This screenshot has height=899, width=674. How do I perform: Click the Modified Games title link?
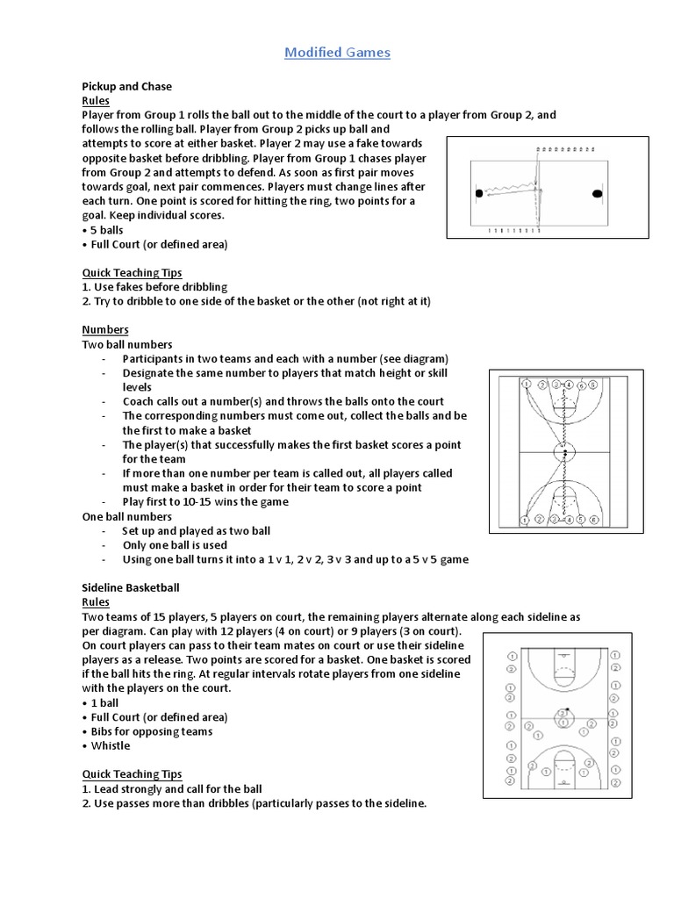click(x=337, y=53)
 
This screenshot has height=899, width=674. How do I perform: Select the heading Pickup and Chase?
click(x=126, y=87)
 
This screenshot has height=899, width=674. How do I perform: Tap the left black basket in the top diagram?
click(x=478, y=193)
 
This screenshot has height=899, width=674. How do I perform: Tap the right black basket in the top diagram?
click(x=598, y=193)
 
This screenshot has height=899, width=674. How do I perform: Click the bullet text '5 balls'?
click(x=107, y=229)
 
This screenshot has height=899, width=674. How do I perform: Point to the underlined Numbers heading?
click(x=105, y=329)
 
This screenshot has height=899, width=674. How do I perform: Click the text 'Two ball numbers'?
click(x=127, y=344)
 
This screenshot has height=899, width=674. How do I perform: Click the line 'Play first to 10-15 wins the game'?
click(x=205, y=501)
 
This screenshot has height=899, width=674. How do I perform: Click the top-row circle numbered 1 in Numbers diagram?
click(x=526, y=385)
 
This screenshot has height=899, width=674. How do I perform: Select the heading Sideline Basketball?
click(x=131, y=586)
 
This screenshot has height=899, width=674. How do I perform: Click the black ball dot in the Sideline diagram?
click(x=568, y=709)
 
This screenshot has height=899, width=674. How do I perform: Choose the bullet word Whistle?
click(x=111, y=745)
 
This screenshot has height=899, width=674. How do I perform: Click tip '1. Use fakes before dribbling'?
click(x=154, y=286)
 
